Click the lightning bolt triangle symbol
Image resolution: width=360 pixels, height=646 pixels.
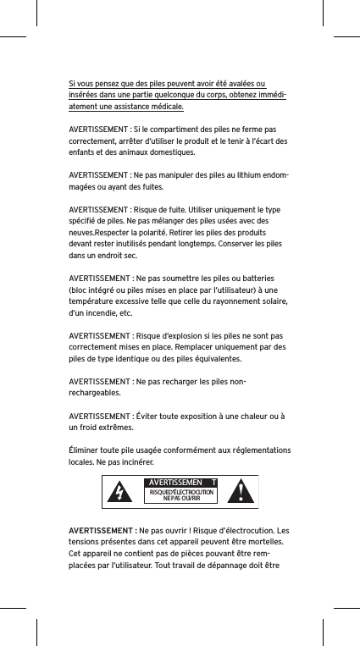pos(121,491)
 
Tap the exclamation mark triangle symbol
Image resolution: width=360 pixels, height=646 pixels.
pos(244,490)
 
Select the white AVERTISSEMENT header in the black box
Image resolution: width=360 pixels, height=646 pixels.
pos(180,483)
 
